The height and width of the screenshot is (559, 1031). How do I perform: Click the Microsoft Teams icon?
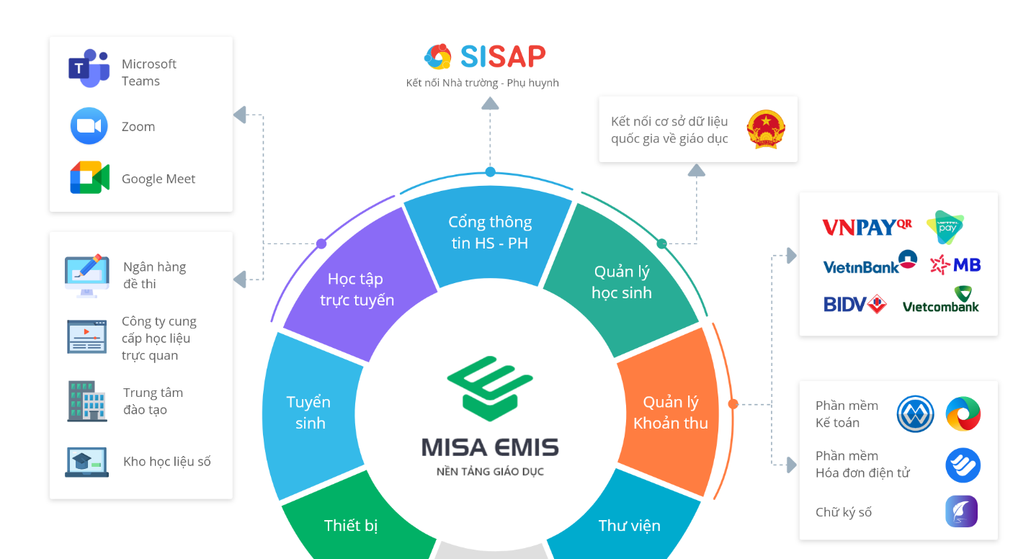tap(89, 68)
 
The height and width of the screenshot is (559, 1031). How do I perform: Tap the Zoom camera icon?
tap(89, 126)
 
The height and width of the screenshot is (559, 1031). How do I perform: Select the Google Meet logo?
tap(89, 178)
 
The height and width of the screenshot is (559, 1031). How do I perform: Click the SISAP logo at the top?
tap(485, 56)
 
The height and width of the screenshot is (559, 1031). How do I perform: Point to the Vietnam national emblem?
tap(764, 130)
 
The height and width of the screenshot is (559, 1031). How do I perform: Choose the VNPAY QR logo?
tap(867, 228)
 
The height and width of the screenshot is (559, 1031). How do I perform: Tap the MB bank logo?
tap(955, 265)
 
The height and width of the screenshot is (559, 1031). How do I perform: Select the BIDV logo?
tap(854, 304)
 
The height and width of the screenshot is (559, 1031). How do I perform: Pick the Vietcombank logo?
tap(941, 300)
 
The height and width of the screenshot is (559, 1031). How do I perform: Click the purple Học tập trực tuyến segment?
tap(357, 288)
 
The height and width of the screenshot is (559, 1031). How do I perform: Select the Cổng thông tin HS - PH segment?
tap(490, 232)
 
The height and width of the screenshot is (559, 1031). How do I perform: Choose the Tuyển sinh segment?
tap(311, 412)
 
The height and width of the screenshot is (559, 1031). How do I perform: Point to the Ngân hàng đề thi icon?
tap(86, 275)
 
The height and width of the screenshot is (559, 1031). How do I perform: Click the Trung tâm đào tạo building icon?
tap(86, 401)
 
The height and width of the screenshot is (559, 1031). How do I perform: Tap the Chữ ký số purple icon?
tap(962, 511)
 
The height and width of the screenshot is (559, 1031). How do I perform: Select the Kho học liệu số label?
tap(167, 462)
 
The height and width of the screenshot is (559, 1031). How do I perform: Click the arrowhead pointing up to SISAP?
tap(490, 103)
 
